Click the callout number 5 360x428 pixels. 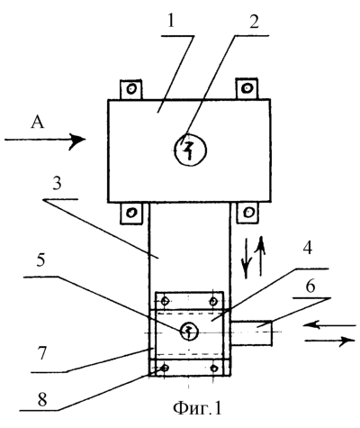[x=40, y=260]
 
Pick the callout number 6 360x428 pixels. [x=310, y=286]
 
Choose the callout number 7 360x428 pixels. [x=41, y=352]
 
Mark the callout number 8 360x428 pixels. [x=42, y=398]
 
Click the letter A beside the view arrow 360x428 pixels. [x=38, y=123]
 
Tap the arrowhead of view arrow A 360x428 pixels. [x=78, y=140]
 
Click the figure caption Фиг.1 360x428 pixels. [x=197, y=408]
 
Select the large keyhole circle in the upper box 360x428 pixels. [x=191, y=150]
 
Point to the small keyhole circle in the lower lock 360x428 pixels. [x=189, y=332]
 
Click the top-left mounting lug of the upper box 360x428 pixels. [x=130, y=89]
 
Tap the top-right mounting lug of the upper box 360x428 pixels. [x=247, y=88]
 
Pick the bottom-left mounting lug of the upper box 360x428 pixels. [x=130, y=213]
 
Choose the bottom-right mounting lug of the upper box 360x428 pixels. [x=247, y=213]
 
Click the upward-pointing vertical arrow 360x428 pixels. [x=261, y=256]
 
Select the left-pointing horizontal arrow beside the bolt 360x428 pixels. [x=329, y=325]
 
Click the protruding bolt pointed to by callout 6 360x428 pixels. [x=251, y=332]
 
